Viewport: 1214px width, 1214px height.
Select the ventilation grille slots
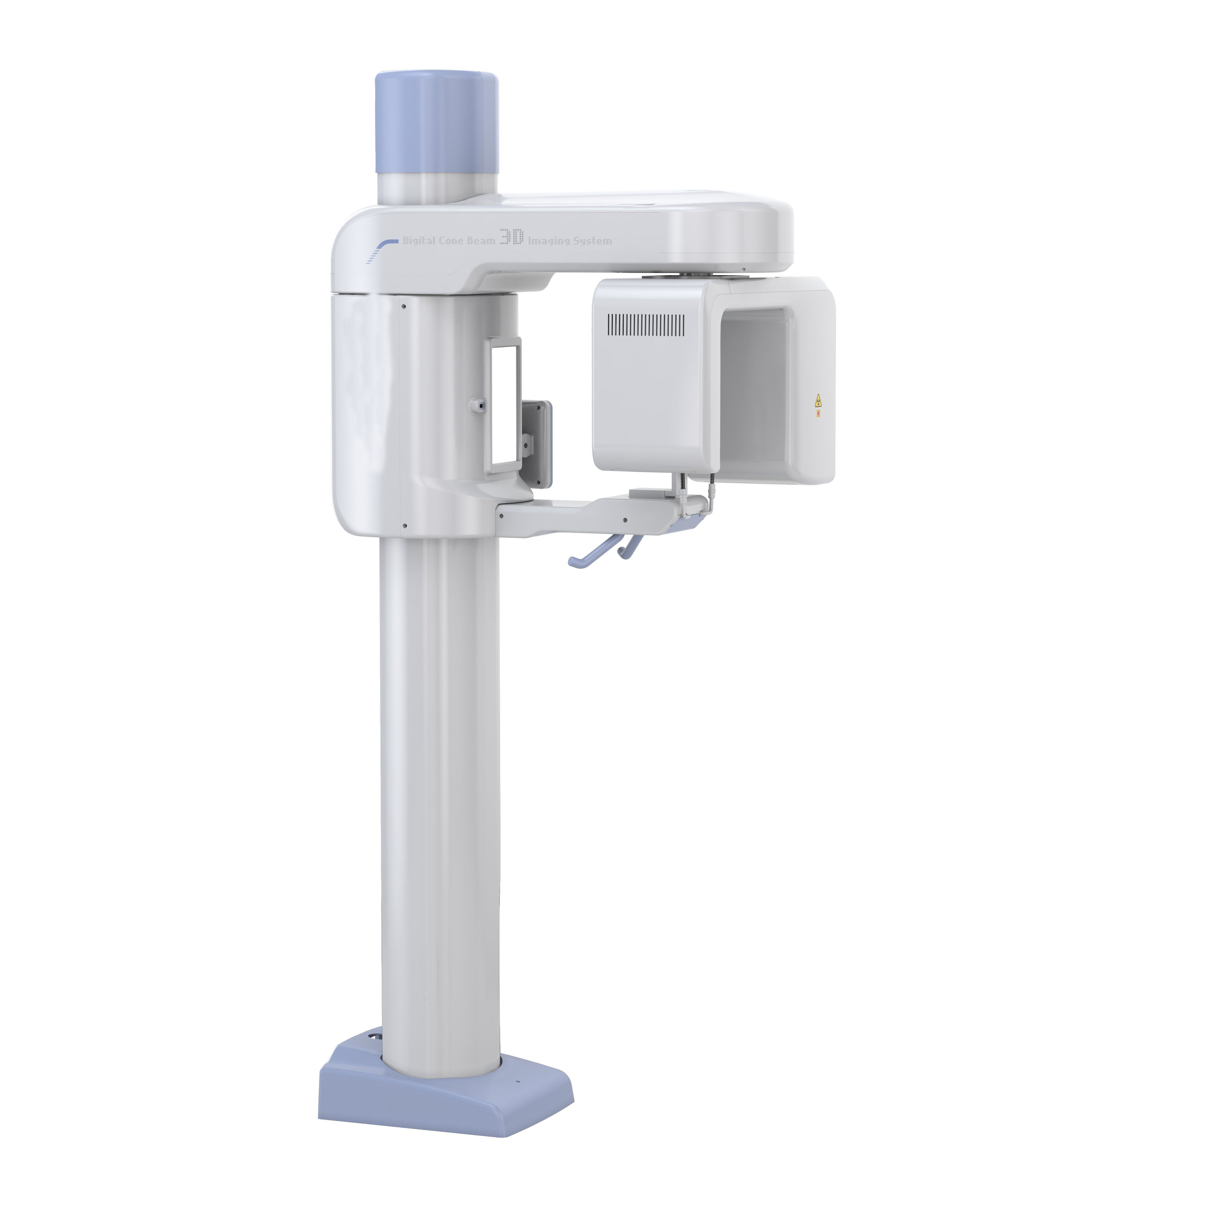645,324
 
